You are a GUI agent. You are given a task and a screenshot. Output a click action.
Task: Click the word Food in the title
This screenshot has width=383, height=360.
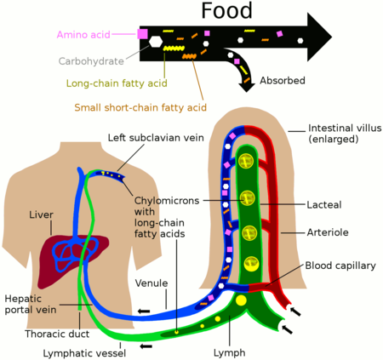227,11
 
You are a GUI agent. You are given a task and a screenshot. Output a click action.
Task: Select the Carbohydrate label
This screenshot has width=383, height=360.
92,61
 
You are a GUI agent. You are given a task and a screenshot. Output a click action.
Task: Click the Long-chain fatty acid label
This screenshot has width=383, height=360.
117,83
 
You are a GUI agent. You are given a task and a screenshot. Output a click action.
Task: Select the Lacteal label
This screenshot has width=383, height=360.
323,205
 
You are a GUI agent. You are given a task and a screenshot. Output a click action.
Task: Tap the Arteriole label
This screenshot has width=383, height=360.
327,232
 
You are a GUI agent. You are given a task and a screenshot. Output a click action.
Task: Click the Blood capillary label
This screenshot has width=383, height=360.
340,266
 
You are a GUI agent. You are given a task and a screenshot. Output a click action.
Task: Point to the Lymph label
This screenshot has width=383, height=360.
230,352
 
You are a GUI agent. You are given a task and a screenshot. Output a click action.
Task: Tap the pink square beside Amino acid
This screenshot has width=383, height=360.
142,34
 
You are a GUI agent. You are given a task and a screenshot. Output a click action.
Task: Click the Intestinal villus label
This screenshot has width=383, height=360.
344,134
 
